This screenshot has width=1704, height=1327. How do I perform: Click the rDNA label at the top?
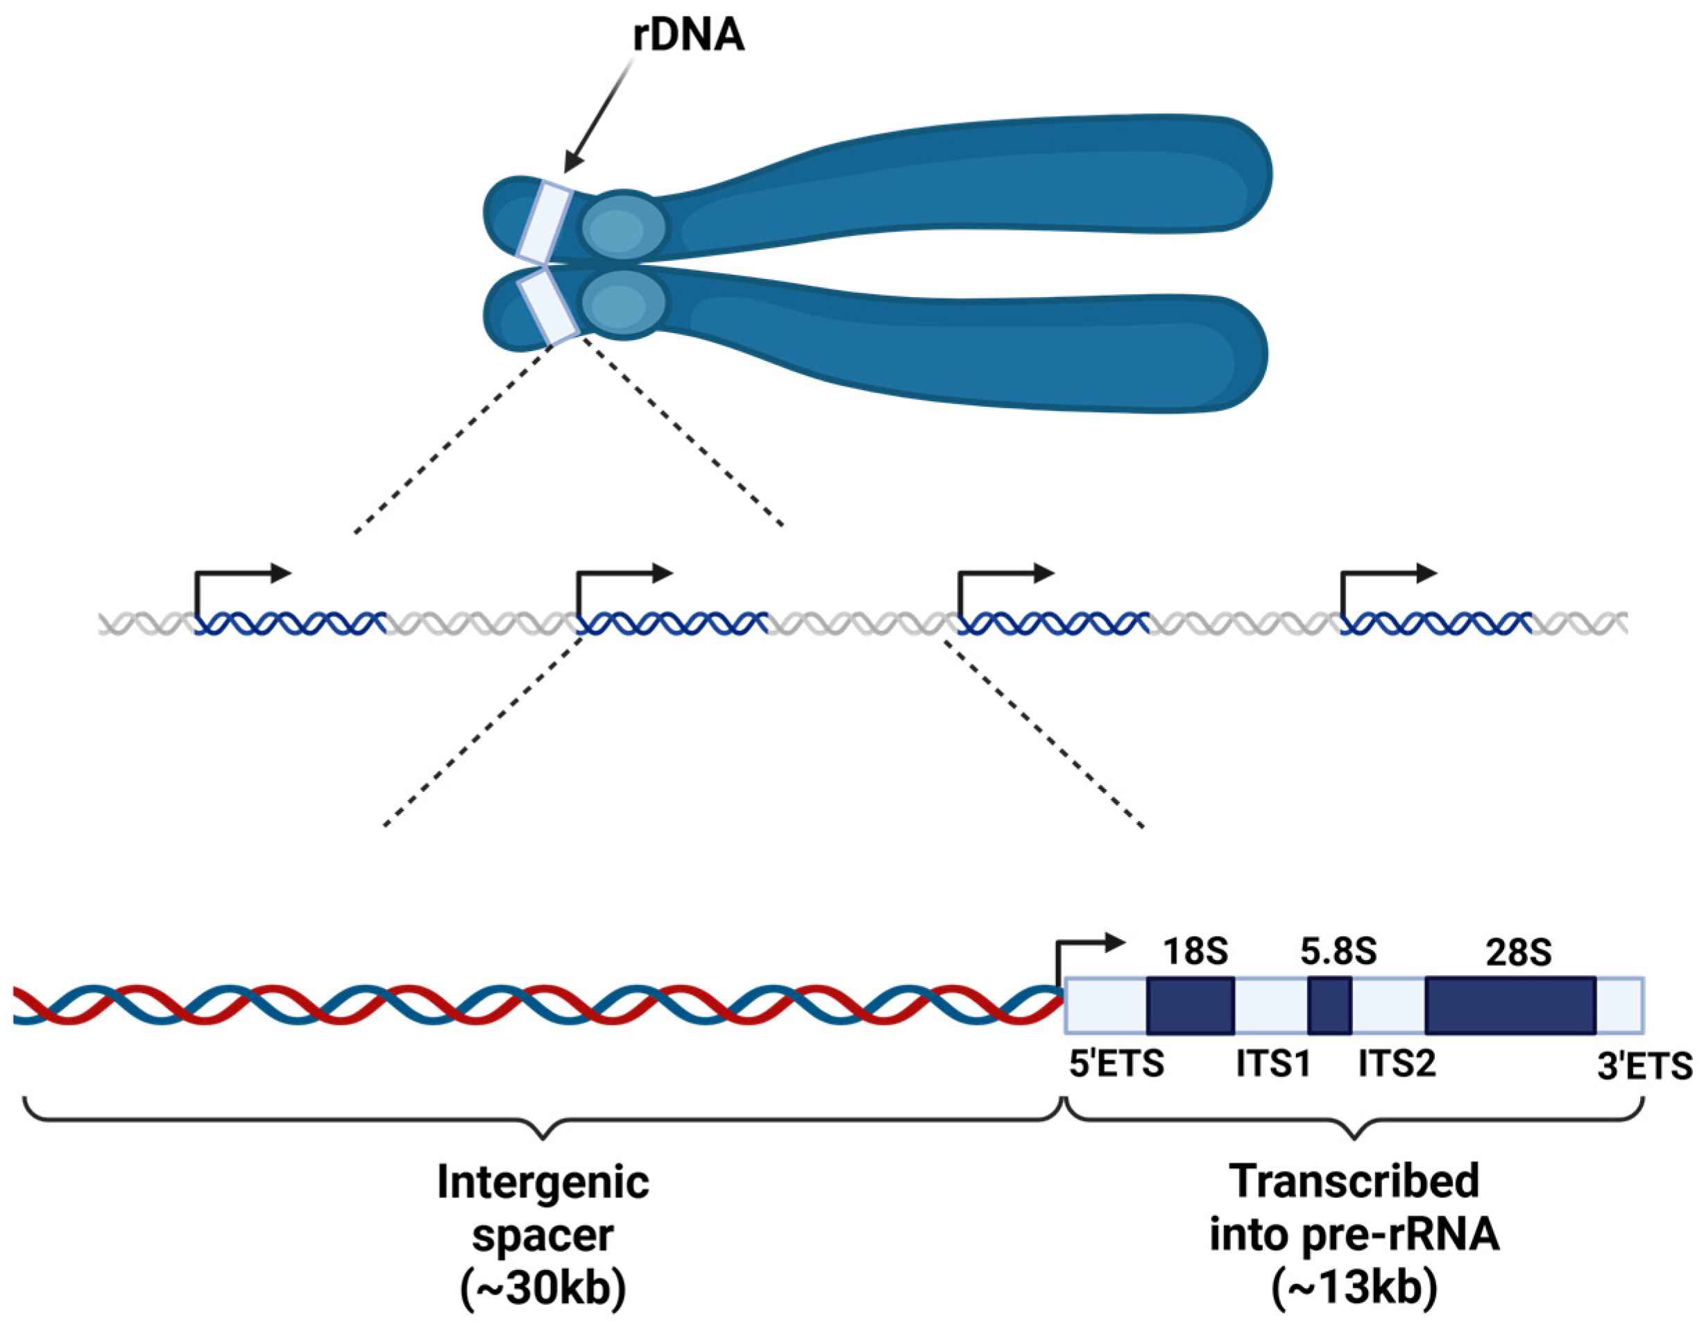688,36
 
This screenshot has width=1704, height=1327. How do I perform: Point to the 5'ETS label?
1116,1064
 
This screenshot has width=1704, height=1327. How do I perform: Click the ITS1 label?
1273,1064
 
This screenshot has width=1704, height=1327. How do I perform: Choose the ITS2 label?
1397,1064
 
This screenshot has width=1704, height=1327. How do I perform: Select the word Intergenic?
543,1183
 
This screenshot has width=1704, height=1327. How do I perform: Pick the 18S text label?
1195,952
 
